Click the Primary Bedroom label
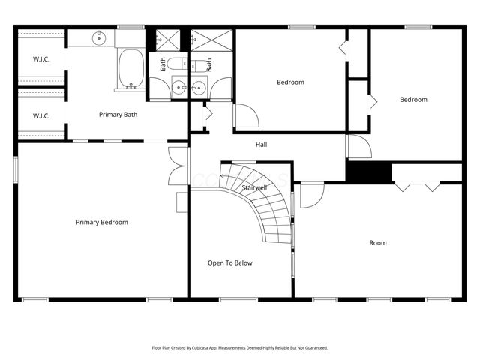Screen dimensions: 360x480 click(102, 222)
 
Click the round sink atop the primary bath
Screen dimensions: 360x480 click(99, 37)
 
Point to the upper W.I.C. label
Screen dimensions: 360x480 click(40, 59)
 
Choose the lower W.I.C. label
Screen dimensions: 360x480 click(40, 115)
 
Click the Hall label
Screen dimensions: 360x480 click(261, 145)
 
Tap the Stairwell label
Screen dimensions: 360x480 click(254, 187)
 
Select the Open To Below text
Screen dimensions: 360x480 click(230, 263)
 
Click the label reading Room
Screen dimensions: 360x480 click(377, 242)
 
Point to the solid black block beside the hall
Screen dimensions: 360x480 click(369, 172)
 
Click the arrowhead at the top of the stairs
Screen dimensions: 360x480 click(223, 174)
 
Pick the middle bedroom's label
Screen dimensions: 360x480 click(290, 82)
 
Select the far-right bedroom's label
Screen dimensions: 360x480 click(412, 100)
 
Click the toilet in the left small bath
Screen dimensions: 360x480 click(173, 64)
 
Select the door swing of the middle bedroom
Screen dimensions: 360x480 click(246, 116)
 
